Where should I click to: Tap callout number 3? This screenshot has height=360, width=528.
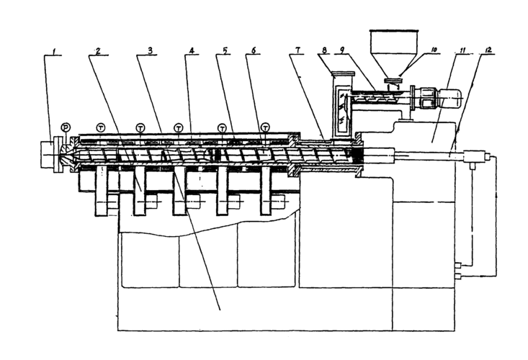pos(148,53)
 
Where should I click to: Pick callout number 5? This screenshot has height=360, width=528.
pos(225,53)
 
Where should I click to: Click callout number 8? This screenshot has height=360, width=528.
pos(326,53)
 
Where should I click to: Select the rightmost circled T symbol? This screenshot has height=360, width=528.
pos(265,127)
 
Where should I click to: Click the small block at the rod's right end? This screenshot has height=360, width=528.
pos(474,156)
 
